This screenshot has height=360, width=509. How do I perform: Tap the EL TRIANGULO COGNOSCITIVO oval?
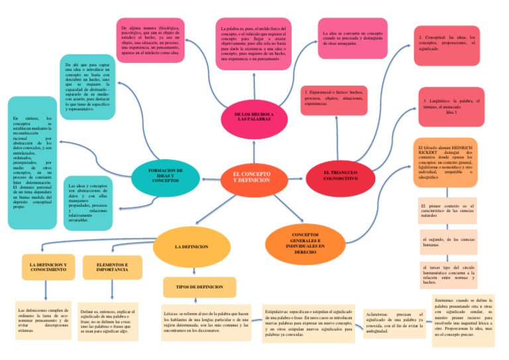(x=341, y=176)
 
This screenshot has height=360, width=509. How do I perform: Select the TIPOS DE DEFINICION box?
(x=199, y=287)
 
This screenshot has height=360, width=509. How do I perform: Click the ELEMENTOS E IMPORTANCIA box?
(x=112, y=267)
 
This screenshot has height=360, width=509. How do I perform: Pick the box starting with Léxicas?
(x=205, y=322)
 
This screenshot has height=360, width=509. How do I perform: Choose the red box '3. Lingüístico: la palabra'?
(x=449, y=107)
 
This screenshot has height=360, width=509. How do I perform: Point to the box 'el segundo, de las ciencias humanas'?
(x=447, y=241)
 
